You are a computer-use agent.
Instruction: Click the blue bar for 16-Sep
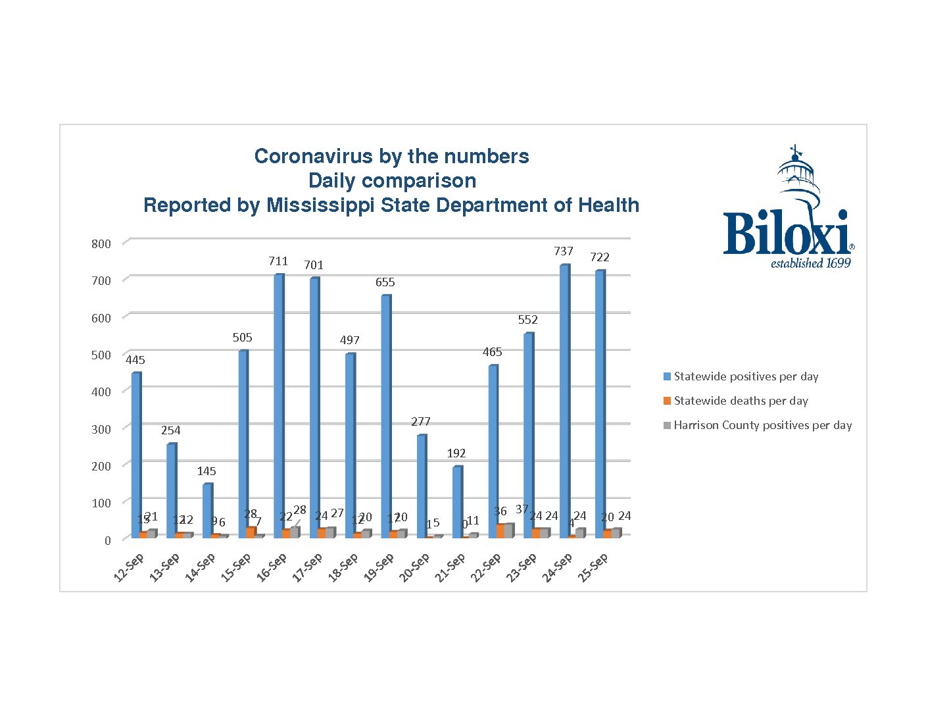click(279, 405)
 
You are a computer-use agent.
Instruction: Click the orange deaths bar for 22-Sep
click(501, 530)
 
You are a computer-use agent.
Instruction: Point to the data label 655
click(385, 282)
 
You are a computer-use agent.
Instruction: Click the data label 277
click(421, 422)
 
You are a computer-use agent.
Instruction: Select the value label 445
click(135, 360)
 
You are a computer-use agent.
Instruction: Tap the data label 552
click(528, 320)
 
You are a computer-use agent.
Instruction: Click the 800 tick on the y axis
click(101, 243)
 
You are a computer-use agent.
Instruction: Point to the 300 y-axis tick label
click(101, 429)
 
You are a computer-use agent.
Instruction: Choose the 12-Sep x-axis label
click(129, 567)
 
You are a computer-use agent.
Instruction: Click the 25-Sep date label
click(593, 567)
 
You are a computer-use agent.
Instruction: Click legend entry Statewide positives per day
click(746, 376)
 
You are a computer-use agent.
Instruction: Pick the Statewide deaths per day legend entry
click(741, 401)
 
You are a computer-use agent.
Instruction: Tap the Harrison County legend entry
click(762, 425)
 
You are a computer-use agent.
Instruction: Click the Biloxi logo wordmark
click(787, 233)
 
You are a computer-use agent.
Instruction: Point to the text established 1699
click(810, 263)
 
